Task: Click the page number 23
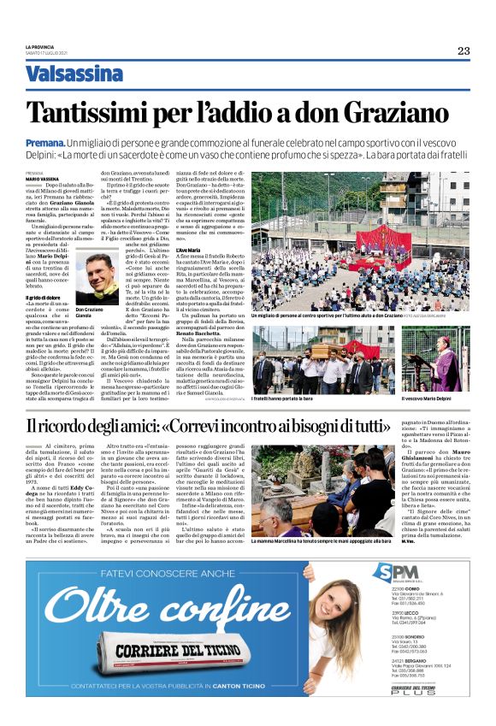tap(463, 50)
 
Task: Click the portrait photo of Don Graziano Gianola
tap(97, 280)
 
